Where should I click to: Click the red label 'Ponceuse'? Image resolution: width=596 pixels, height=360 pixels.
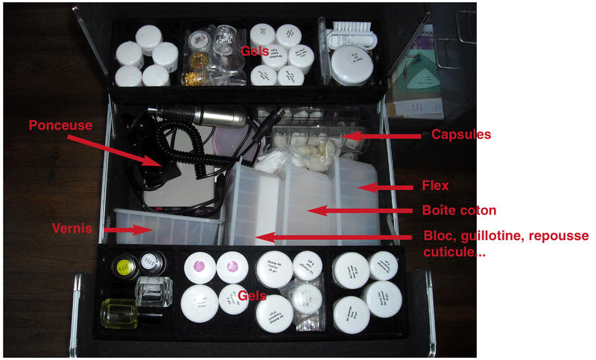tap(60, 126)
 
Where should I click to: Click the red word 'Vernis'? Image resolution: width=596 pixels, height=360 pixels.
tap(72, 227)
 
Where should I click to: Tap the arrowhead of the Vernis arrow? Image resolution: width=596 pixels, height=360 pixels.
tap(150, 231)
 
